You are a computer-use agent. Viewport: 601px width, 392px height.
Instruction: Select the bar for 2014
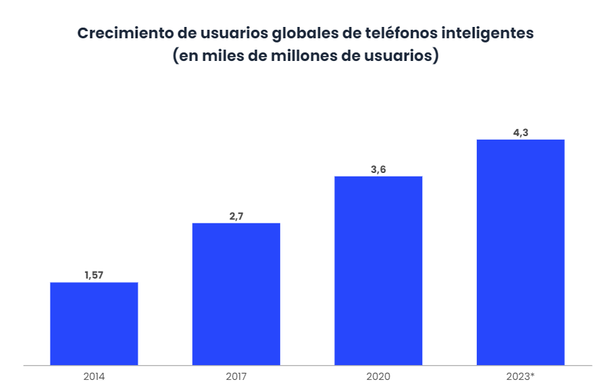tap(94, 324)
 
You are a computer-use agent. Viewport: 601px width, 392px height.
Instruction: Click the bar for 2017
tap(236, 294)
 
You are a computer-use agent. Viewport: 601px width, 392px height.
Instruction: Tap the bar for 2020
tap(378, 271)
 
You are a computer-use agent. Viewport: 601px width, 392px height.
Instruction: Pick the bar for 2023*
tap(520, 252)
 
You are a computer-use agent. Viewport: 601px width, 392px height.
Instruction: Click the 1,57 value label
tap(94, 275)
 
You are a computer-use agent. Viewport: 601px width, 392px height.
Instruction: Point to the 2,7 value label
tap(236, 216)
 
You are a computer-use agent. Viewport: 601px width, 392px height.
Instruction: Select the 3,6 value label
tap(378, 169)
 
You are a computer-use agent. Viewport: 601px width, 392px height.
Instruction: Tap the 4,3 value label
tap(520, 132)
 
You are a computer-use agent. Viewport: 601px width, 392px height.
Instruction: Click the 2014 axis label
tap(94, 376)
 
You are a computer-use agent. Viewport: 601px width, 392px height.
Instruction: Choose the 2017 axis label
tap(236, 376)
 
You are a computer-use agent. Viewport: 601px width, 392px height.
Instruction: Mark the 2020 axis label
tap(378, 376)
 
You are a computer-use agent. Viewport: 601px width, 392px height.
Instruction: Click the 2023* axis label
tap(519, 376)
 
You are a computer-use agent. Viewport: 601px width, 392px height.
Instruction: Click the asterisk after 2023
tap(532, 374)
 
